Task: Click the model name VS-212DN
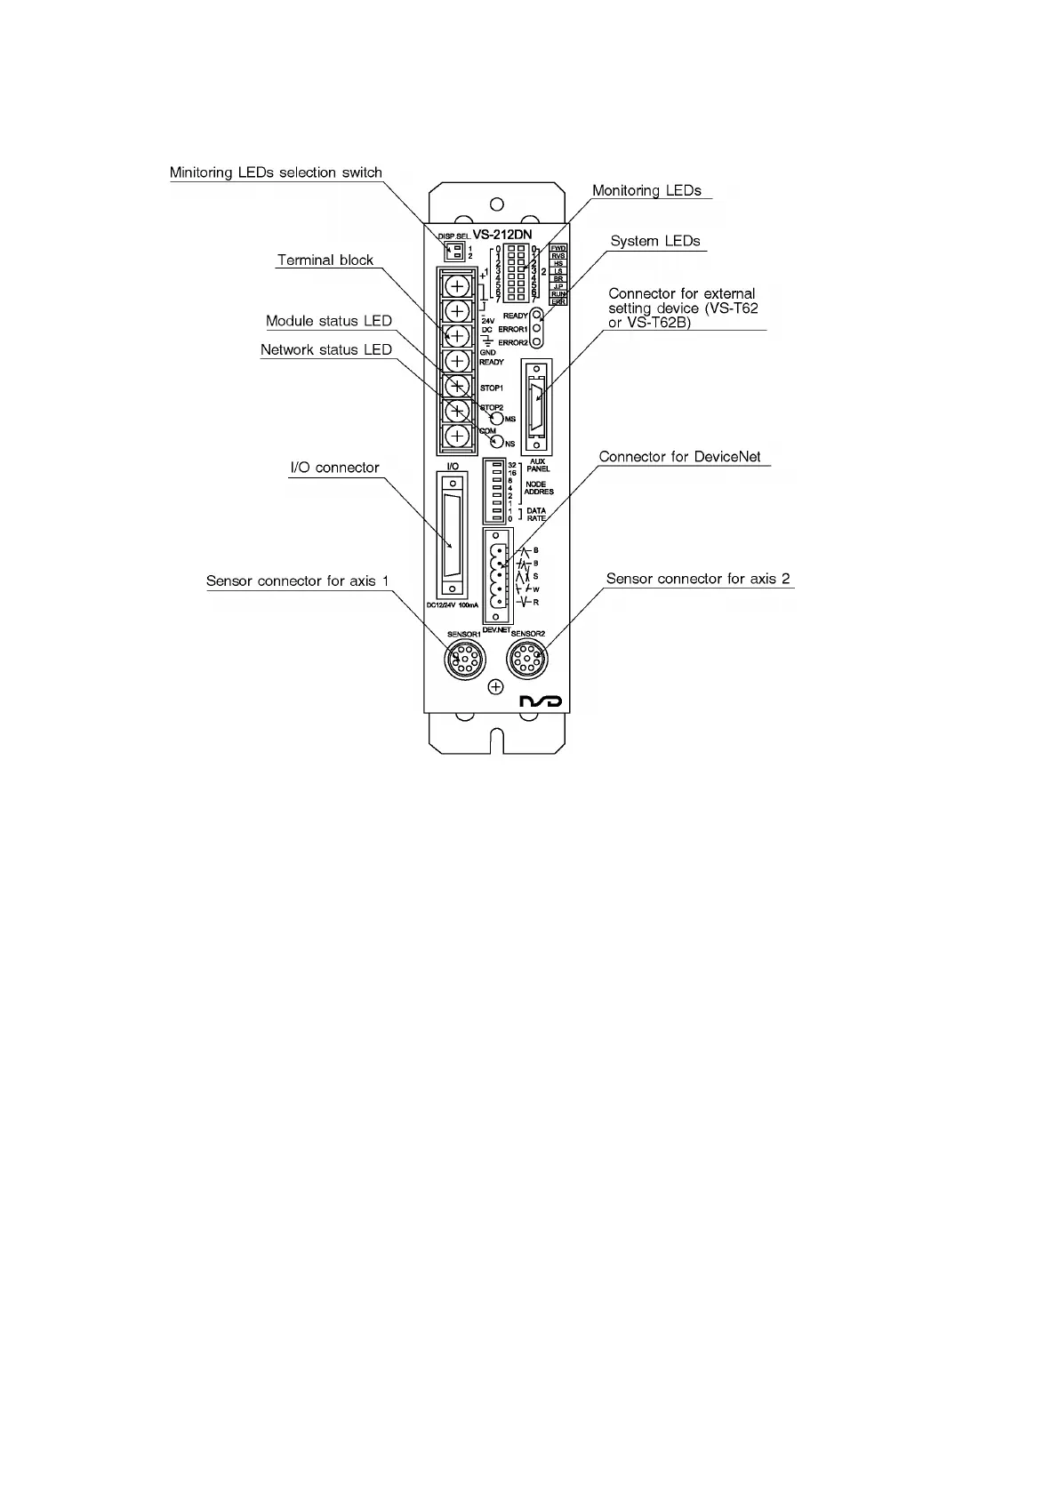point(501,235)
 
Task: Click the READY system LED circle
point(536,315)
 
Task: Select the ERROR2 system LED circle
point(536,341)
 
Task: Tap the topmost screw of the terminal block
point(457,285)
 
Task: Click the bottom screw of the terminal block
point(457,436)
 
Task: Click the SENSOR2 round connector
point(527,661)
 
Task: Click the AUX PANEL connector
point(537,407)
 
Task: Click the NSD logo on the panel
point(541,702)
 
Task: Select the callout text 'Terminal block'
point(325,260)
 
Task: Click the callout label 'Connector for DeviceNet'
point(679,457)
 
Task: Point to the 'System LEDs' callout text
point(654,241)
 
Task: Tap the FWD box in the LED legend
point(558,248)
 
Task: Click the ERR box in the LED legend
point(558,302)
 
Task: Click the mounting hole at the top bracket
point(497,205)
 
